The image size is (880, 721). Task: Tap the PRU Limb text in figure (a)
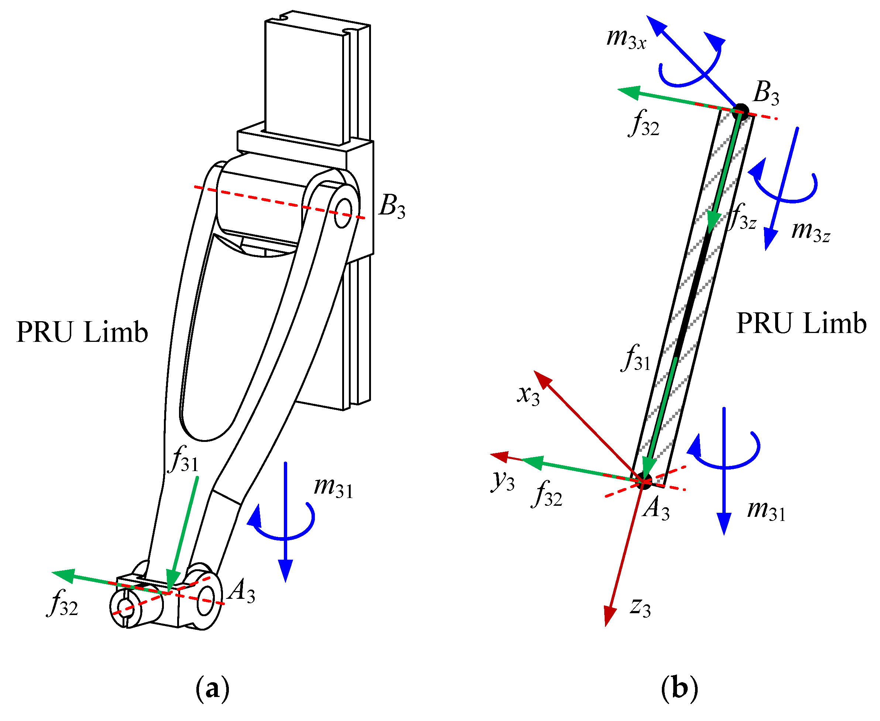click(x=82, y=332)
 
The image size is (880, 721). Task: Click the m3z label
click(x=810, y=231)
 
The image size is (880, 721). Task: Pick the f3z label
click(x=743, y=217)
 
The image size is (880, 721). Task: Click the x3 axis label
click(x=528, y=394)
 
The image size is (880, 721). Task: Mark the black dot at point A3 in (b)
click(x=644, y=481)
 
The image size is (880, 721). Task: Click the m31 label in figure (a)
click(x=333, y=486)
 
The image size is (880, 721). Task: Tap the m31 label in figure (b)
click(x=766, y=510)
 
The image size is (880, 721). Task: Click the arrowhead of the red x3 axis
click(x=542, y=378)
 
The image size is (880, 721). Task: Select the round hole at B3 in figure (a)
click(x=343, y=213)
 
